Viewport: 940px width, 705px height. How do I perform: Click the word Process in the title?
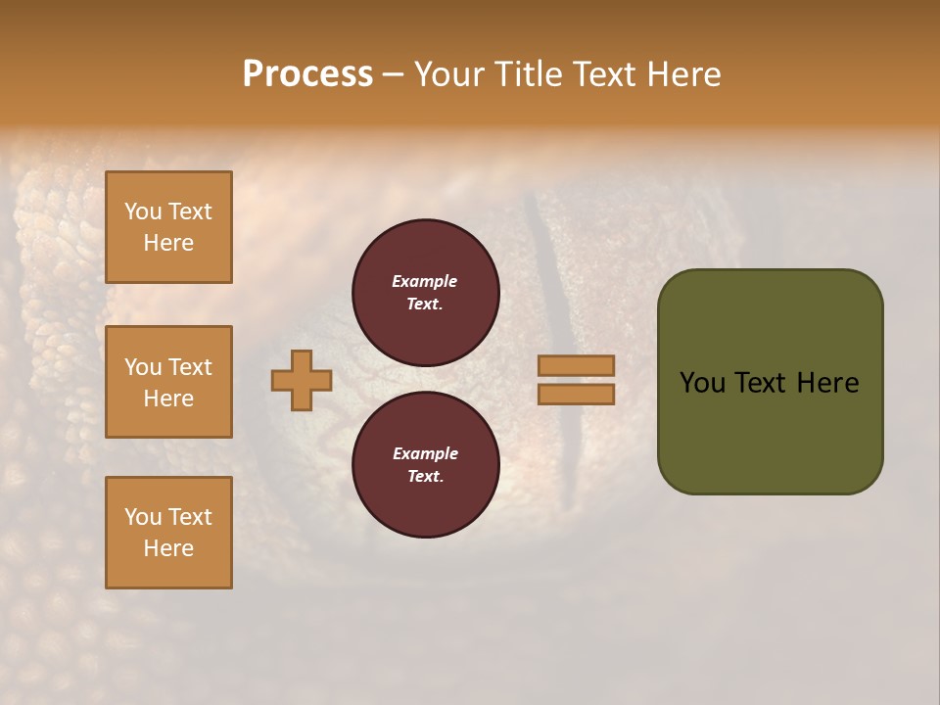click(x=307, y=74)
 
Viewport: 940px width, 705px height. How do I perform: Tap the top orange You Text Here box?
click(x=168, y=227)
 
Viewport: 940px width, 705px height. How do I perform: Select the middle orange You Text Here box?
click(x=168, y=382)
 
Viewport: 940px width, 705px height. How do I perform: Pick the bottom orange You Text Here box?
click(x=168, y=532)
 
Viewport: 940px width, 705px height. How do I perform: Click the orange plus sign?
click(x=302, y=380)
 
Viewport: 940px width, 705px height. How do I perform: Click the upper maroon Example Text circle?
click(x=425, y=293)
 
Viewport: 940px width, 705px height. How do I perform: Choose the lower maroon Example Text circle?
click(x=425, y=465)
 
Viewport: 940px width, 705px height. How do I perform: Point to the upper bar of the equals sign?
click(x=576, y=365)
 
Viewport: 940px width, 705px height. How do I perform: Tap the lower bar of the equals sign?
click(x=576, y=394)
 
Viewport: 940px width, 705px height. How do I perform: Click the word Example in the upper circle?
click(x=425, y=281)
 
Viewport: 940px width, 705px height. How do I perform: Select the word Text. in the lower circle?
click(x=425, y=477)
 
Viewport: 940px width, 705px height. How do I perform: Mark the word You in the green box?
click(x=701, y=383)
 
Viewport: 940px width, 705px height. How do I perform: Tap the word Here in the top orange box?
click(x=168, y=243)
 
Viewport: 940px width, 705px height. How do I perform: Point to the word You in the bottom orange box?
click(x=143, y=516)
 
